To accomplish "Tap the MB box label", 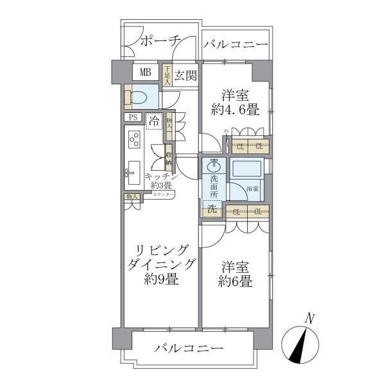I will [146, 72].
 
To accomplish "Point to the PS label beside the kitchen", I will [133, 118].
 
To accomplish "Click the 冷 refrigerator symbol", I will [154, 120].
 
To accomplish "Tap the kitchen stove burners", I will [135, 139].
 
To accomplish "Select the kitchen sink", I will [133, 169].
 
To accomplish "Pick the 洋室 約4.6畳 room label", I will [235, 101].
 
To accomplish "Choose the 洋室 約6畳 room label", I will [234, 273].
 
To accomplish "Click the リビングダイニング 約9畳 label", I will [157, 265].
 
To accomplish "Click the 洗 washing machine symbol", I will [212, 208].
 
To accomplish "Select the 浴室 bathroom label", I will [252, 189].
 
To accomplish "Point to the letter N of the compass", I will [310, 318].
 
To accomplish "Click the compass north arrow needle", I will [300, 343].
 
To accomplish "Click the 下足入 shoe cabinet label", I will [167, 75].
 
